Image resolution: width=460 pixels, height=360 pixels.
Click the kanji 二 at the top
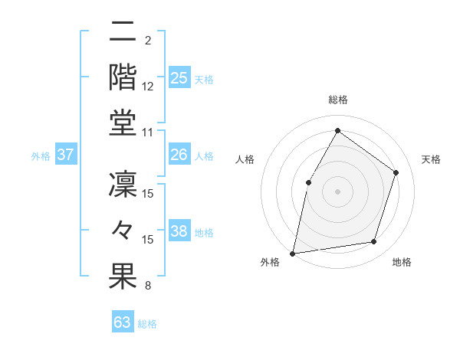click(x=123, y=32)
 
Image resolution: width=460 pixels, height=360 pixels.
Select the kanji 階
click(x=123, y=77)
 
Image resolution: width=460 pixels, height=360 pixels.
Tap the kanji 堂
click(x=123, y=123)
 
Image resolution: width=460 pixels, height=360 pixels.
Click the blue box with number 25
click(x=179, y=77)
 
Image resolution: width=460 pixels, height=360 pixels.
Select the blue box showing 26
click(x=179, y=155)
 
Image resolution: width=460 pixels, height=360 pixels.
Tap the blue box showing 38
click(x=179, y=231)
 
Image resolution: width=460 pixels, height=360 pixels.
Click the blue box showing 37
click(x=66, y=155)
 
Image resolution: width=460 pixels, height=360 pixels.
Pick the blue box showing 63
click(x=123, y=322)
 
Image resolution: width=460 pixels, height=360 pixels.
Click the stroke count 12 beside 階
click(x=148, y=87)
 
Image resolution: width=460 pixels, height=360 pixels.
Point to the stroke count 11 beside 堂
click(x=148, y=133)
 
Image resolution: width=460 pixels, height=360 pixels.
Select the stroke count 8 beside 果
click(x=147, y=286)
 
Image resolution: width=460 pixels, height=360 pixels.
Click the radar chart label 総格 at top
click(x=337, y=100)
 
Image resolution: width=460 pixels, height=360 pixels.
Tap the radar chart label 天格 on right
click(x=431, y=159)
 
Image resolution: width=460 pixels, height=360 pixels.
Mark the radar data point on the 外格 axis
click(x=293, y=253)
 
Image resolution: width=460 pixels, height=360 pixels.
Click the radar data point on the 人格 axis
click(x=309, y=182)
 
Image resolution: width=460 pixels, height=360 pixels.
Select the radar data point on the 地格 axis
click(x=374, y=242)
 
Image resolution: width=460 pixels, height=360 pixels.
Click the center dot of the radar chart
click(x=337, y=191)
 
